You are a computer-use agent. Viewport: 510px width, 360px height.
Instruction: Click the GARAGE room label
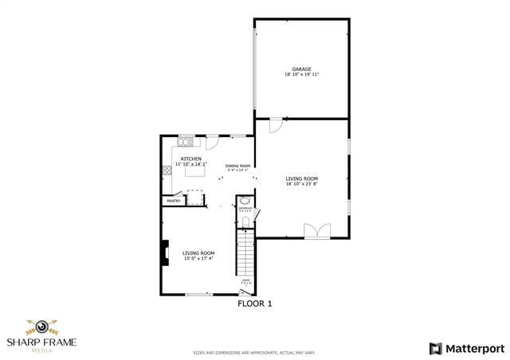[x=301, y=69]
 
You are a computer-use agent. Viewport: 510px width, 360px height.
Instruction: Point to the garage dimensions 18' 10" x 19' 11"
[x=301, y=75]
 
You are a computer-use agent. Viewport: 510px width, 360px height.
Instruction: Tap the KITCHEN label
[x=190, y=158]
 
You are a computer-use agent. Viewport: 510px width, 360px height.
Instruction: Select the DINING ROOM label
[x=237, y=166]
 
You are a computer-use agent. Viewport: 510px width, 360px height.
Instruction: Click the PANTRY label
[x=173, y=201]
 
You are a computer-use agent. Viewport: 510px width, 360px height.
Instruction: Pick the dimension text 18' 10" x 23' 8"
[x=302, y=184]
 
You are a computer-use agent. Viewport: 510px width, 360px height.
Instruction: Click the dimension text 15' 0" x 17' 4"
[x=198, y=258]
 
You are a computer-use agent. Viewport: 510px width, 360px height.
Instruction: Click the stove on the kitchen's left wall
[x=167, y=170]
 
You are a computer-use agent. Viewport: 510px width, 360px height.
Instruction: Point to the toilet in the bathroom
[x=245, y=221]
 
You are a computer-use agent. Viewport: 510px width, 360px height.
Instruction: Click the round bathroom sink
[x=245, y=201]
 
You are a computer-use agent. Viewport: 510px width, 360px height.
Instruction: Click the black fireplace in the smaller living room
[x=165, y=252]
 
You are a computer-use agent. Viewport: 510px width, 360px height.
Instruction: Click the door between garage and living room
[x=275, y=125]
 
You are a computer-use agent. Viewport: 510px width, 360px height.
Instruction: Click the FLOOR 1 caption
[x=255, y=303]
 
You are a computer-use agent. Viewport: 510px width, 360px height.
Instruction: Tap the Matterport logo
[x=467, y=348]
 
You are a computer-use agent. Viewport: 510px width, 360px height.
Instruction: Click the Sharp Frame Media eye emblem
[x=38, y=327]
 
